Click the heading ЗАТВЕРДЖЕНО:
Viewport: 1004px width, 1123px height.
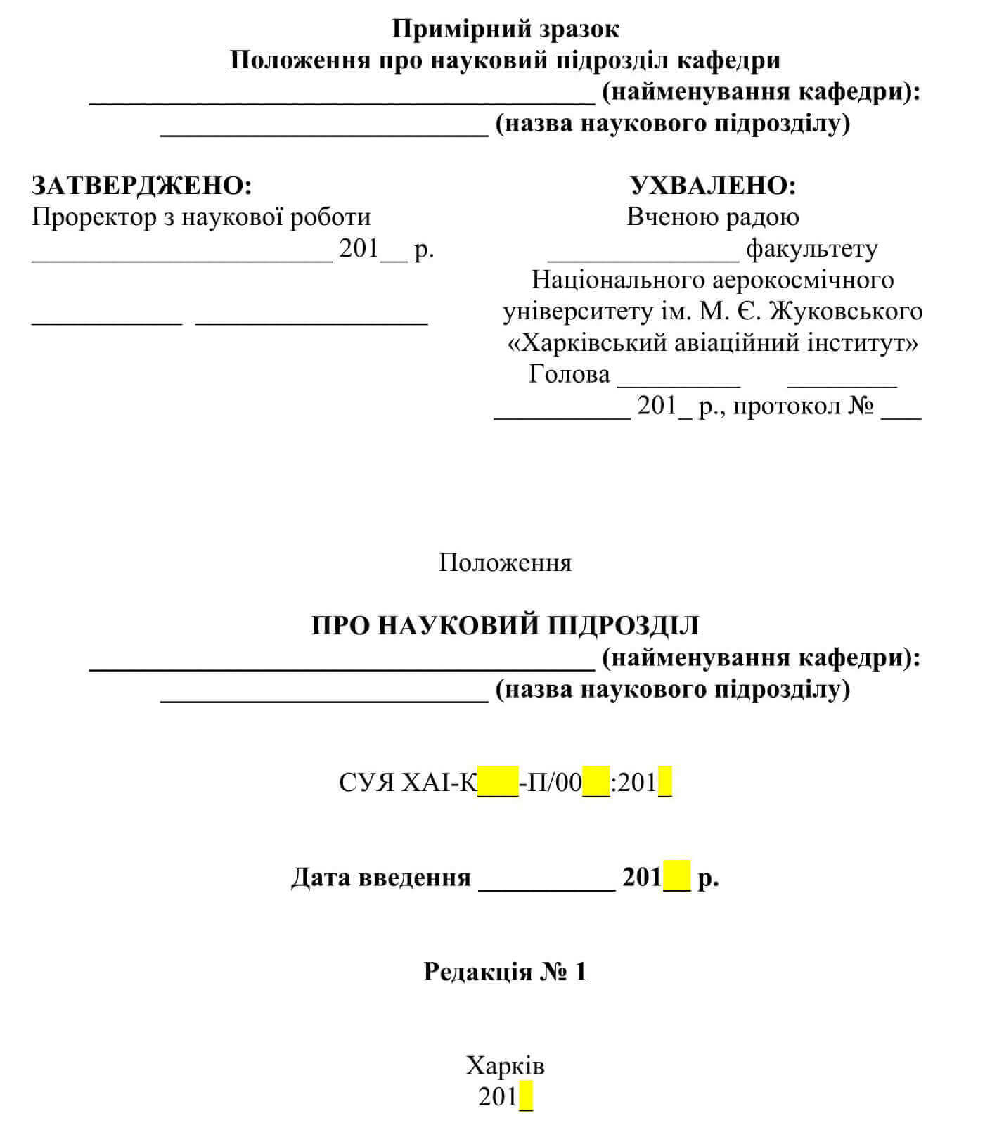pos(141,186)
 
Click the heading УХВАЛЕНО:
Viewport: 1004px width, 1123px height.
pos(712,186)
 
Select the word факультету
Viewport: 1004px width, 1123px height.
pos(811,249)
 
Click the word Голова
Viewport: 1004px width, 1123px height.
pos(569,374)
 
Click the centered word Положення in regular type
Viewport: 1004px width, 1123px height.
pos(505,563)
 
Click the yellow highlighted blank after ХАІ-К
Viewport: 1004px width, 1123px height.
pos(498,782)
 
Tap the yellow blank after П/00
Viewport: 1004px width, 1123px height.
pos(596,782)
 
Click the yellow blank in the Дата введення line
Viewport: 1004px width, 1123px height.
pos(677,877)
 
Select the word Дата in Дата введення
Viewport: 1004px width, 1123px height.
pos(321,877)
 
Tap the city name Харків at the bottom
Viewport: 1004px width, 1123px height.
pos(505,1066)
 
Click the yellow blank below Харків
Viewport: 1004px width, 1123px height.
pos(526,1098)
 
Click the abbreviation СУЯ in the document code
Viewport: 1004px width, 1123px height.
pos(366,782)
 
